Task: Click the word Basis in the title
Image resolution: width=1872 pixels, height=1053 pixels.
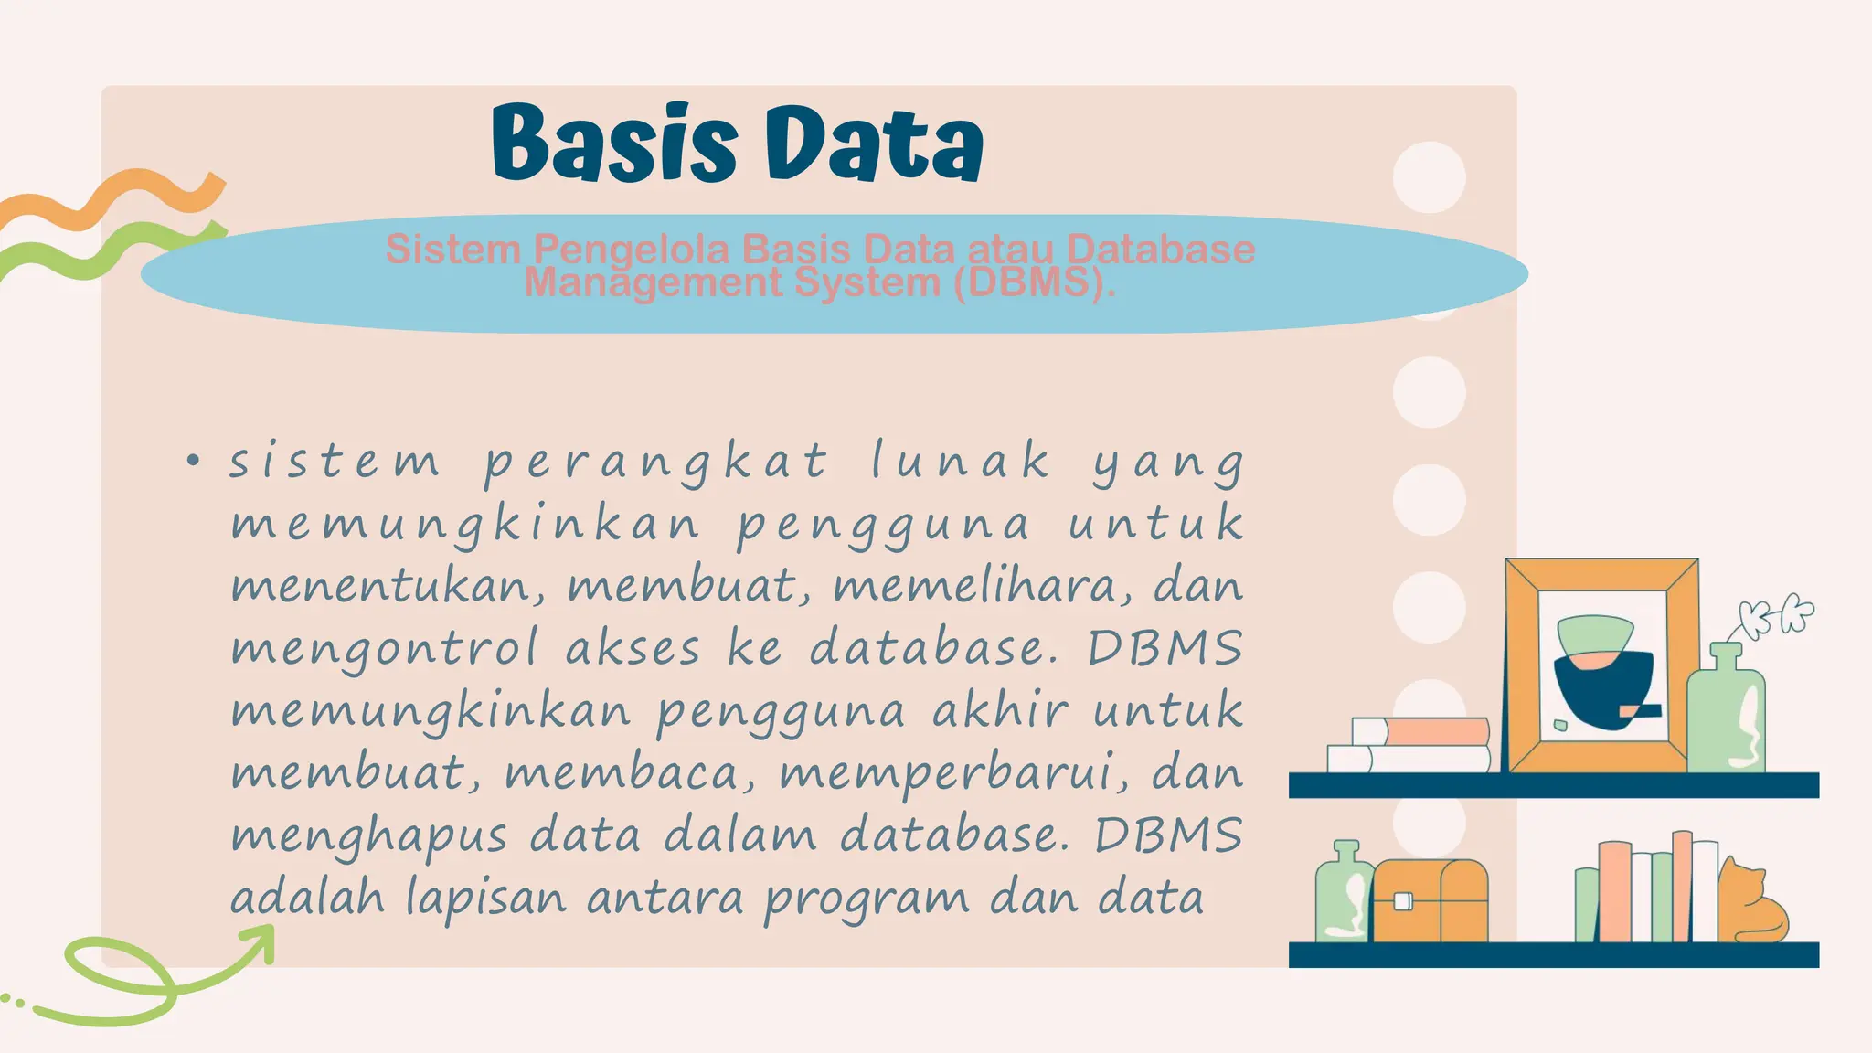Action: [x=614, y=144]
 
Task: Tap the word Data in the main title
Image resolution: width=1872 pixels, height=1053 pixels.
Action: [x=873, y=144]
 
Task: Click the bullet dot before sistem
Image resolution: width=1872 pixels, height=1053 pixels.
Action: [x=192, y=461]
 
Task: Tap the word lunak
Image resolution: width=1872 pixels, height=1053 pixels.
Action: [x=960, y=460]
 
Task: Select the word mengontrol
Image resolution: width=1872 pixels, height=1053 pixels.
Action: [x=385, y=649]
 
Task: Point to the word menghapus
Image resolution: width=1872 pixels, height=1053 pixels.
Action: [x=369, y=836]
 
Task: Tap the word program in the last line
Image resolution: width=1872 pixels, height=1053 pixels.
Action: [x=867, y=899]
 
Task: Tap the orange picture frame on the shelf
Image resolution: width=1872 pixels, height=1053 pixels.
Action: [x=1601, y=665]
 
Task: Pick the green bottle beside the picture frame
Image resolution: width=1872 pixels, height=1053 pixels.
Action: [x=1726, y=713]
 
